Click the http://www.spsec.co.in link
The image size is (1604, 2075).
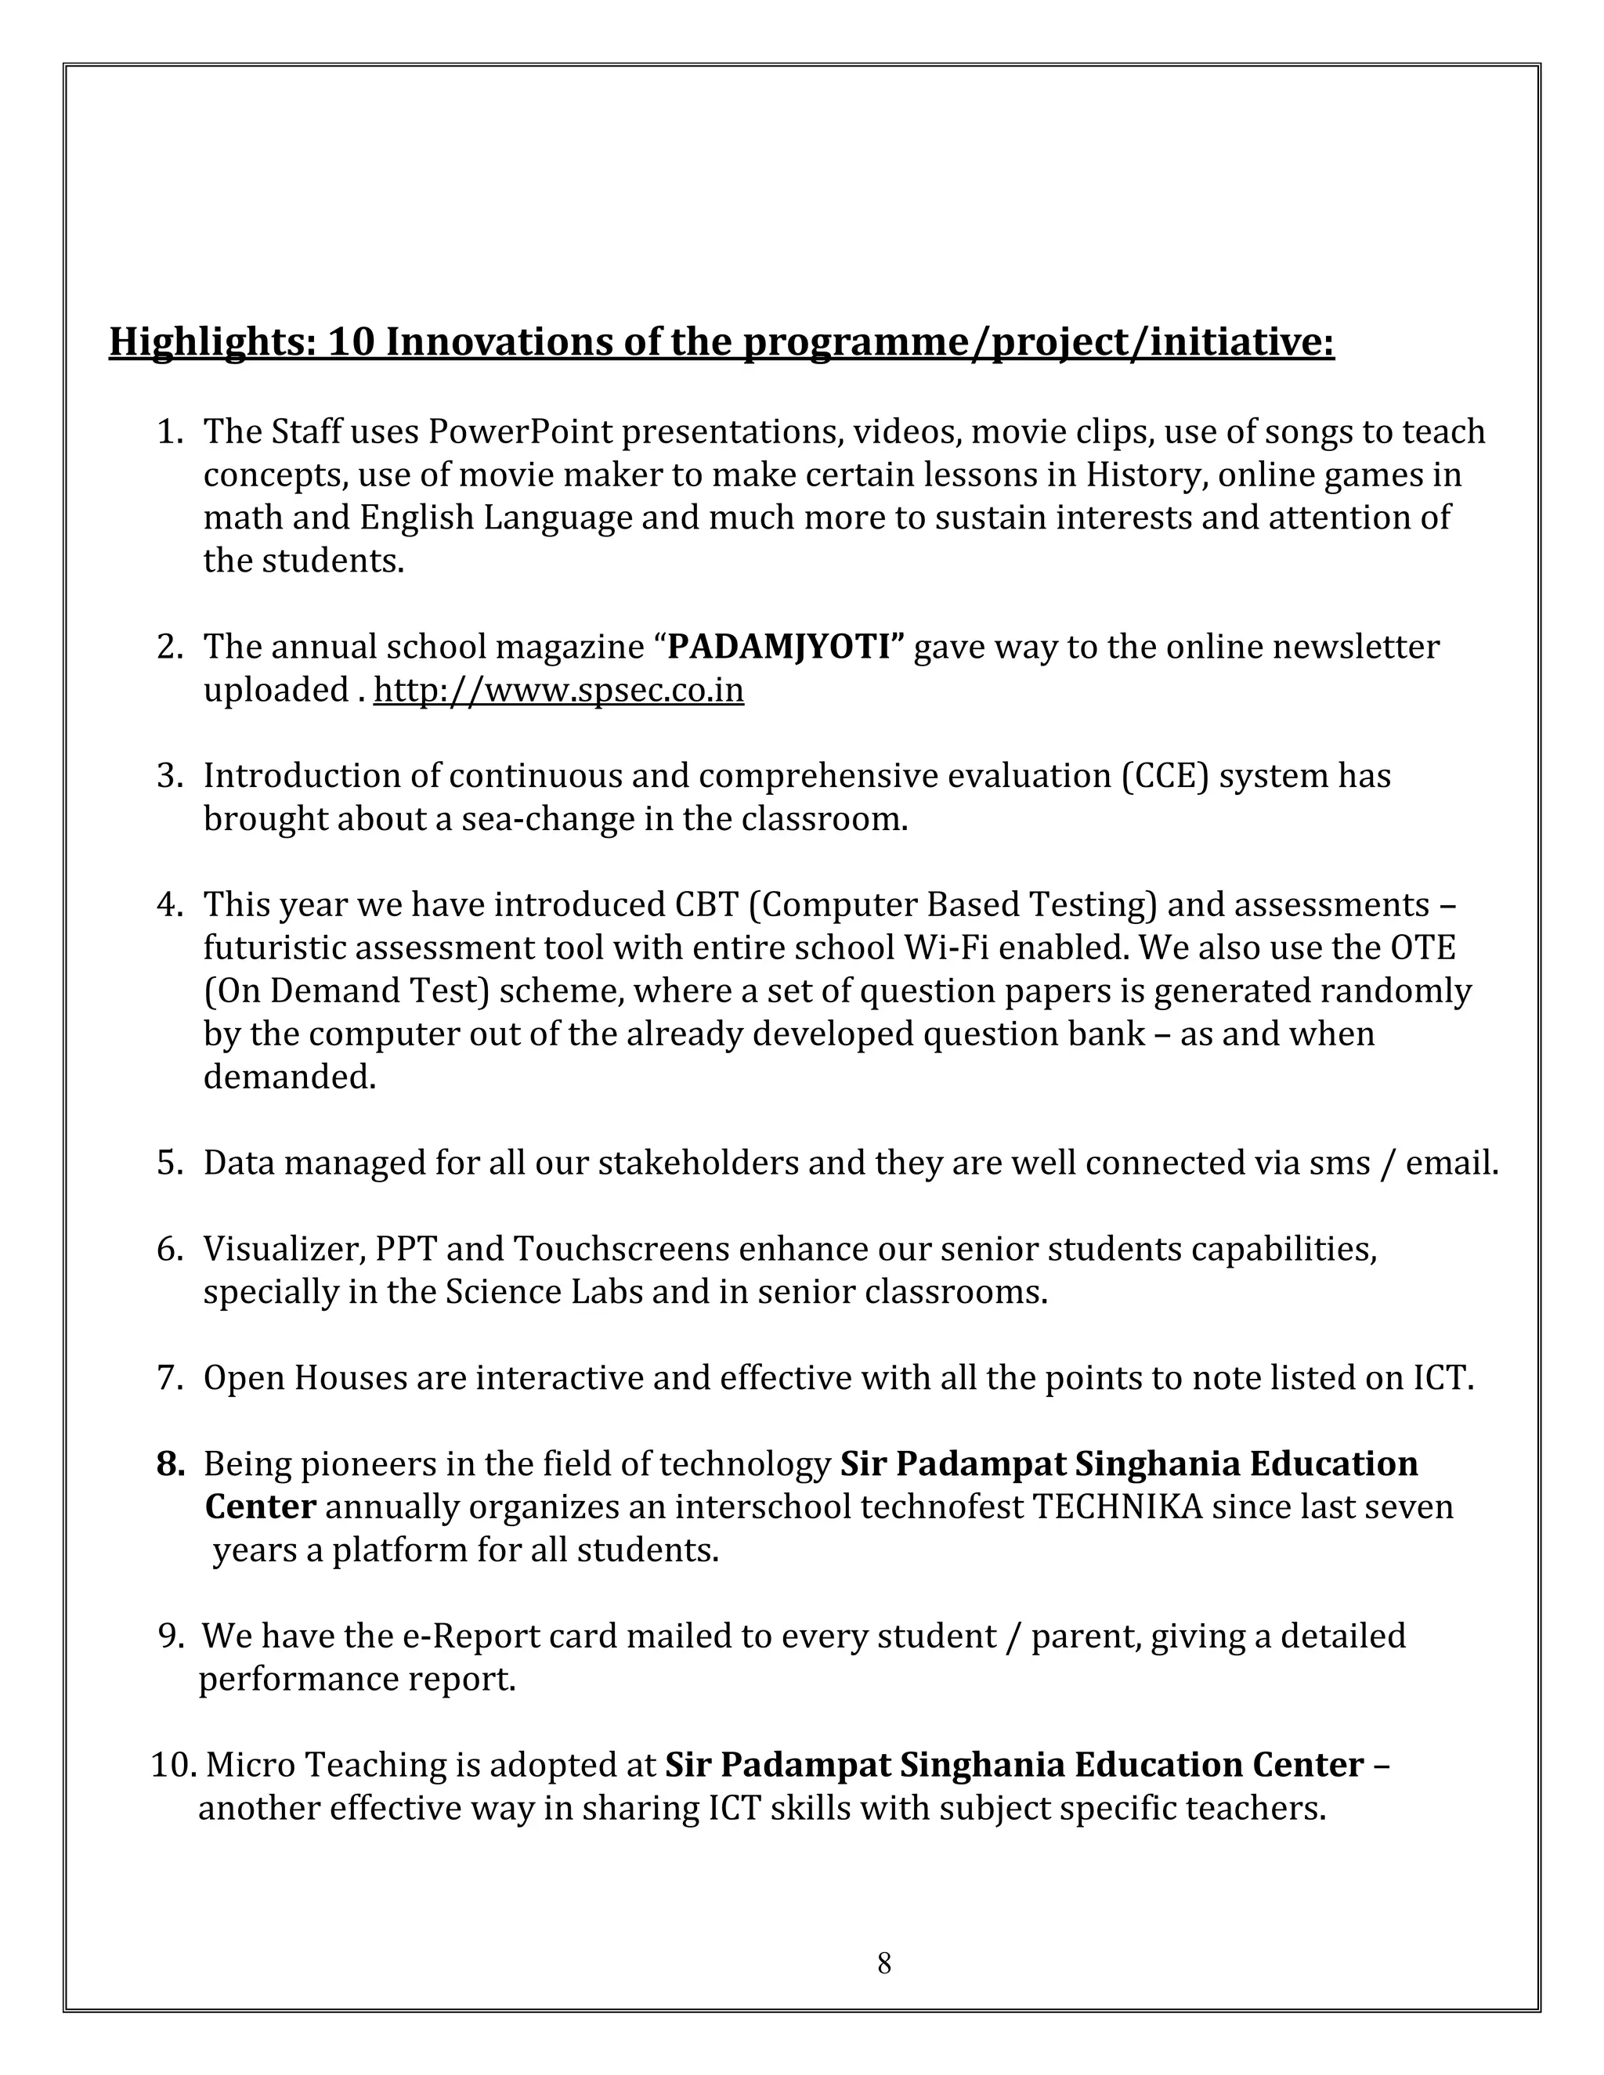click(x=558, y=690)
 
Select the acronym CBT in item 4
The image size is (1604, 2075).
click(x=706, y=904)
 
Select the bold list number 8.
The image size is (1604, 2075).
click(x=170, y=1464)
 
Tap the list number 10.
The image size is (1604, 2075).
click(x=172, y=1765)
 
